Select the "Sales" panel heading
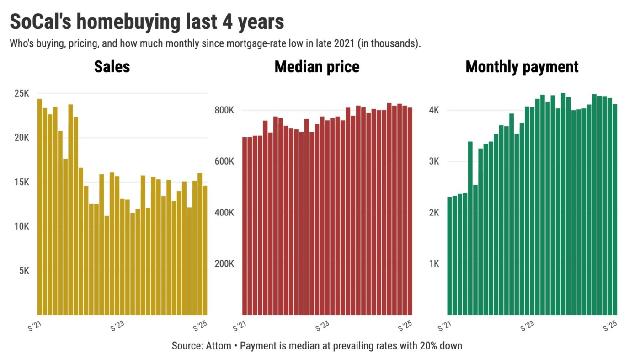(112, 67)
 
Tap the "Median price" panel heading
(317, 67)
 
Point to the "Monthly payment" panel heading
(522, 67)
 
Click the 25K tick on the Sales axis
(21, 93)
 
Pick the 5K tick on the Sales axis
(24, 271)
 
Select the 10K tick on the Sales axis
(21, 226)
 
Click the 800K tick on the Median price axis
(225, 110)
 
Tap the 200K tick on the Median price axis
(225, 264)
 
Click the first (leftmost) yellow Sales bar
(39, 206)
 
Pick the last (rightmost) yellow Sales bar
(205, 250)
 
